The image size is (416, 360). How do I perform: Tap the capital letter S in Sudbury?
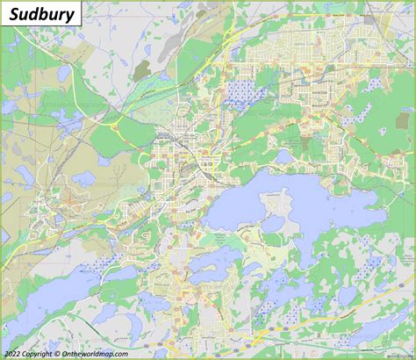pos(12,13)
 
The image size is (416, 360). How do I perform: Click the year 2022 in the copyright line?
pos(14,353)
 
